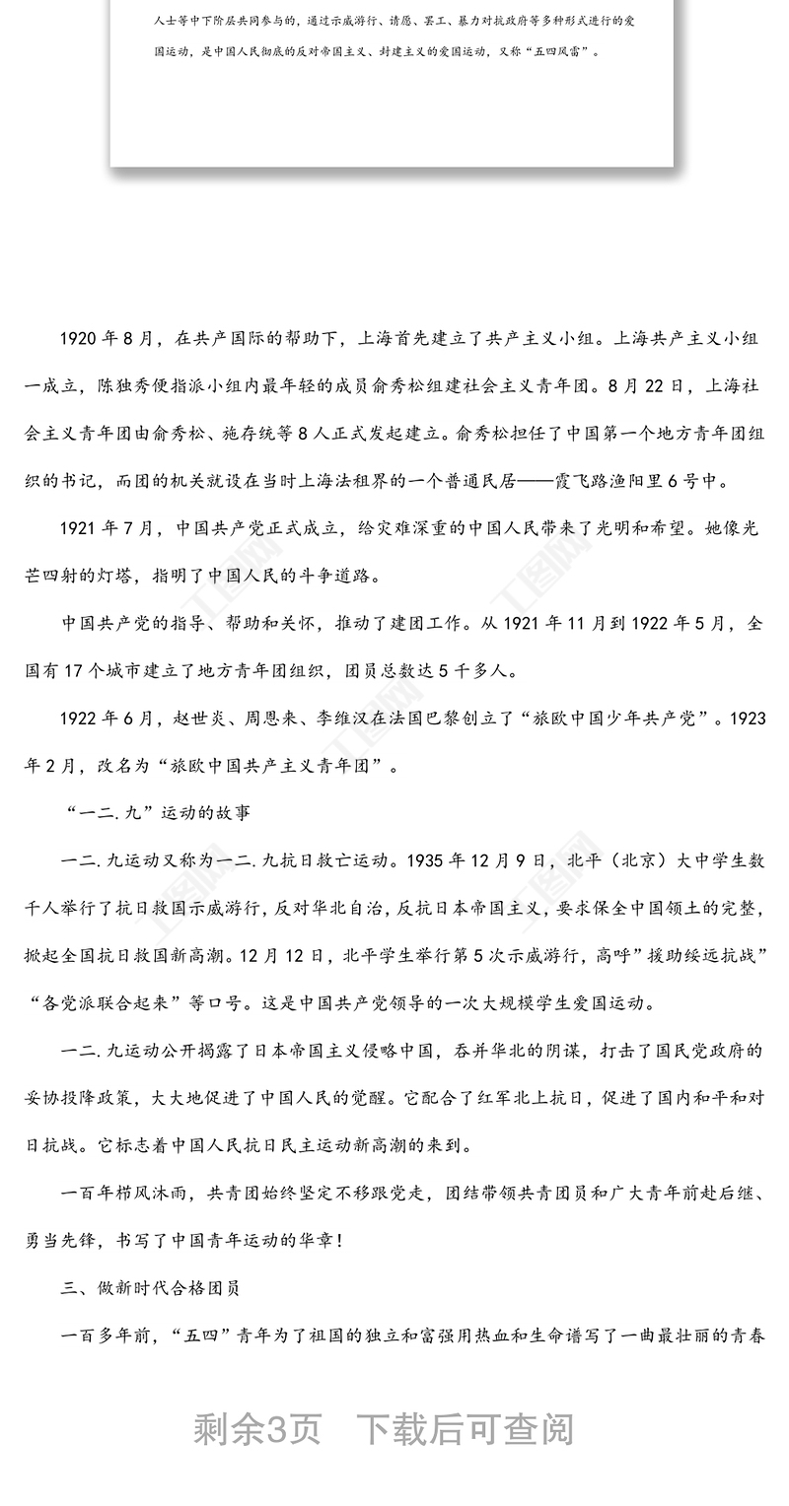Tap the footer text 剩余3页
pos(256,1428)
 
